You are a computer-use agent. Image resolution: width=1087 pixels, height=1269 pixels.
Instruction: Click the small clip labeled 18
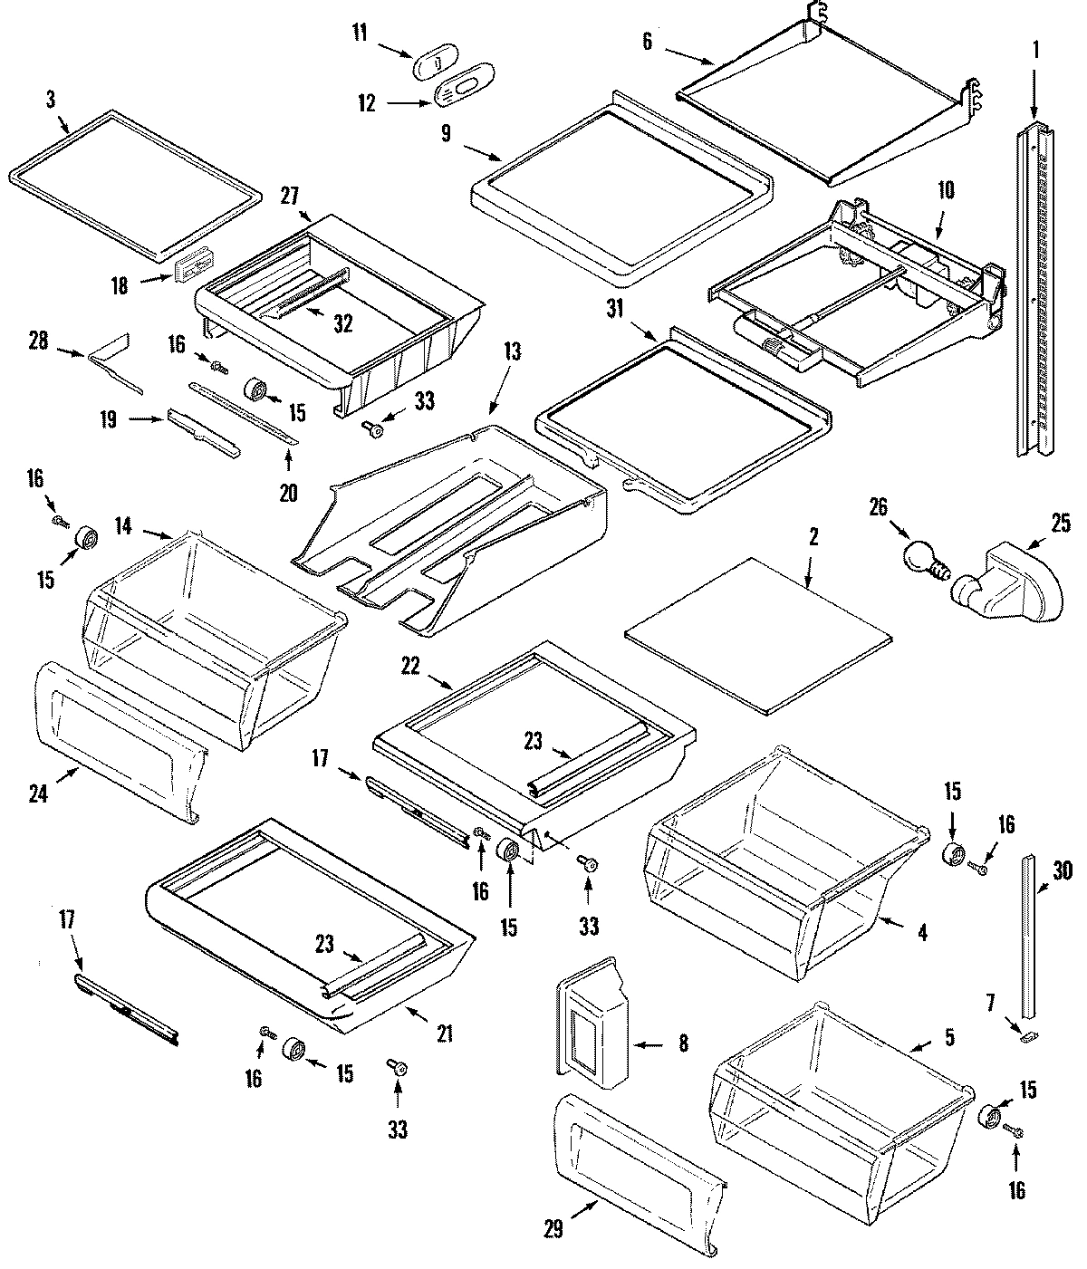click(x=191, y=269)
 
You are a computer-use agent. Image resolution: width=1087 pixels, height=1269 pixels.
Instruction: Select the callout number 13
click(x=513, y=352)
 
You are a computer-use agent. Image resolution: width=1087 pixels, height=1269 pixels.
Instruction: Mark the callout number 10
click(x=946, y=190)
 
